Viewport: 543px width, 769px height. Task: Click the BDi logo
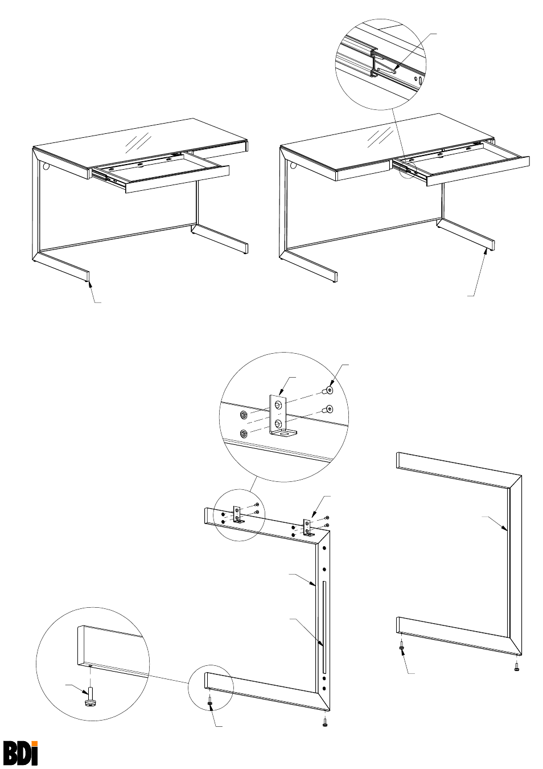(x=20, y=751)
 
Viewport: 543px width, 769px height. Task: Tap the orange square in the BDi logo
(x=35, y=742)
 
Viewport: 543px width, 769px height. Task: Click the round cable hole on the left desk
(x=46, y=167)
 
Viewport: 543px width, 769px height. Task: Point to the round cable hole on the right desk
(x=293, y=165)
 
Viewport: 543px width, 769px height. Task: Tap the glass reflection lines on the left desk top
(x=138, y=142)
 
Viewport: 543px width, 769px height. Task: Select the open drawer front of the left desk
(x=178, y=179)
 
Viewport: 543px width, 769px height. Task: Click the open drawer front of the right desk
(x=478, y=171)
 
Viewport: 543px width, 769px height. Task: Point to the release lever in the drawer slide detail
(x=387, y=72)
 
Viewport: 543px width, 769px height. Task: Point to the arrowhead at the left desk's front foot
(x=90, y=283)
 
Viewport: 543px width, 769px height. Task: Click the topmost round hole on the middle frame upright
(x=324, y=550)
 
